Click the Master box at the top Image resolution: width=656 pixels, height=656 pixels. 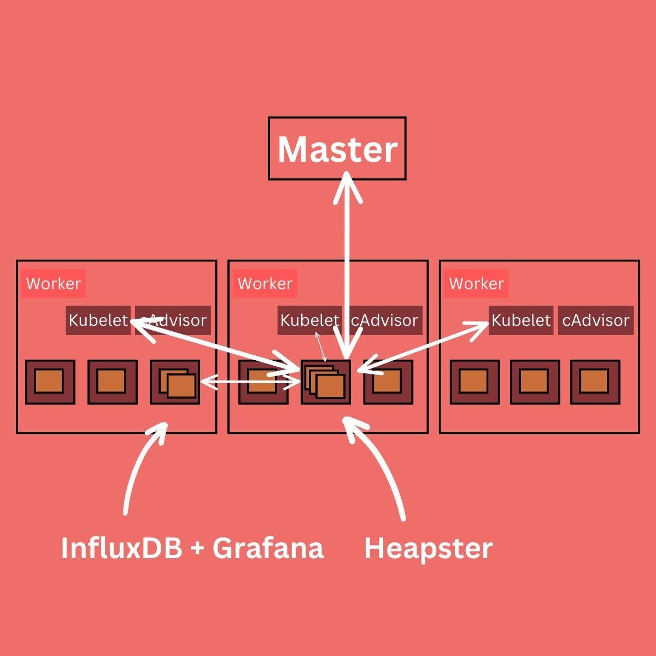(337, 148)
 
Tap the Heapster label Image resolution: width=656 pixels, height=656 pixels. (428, 548)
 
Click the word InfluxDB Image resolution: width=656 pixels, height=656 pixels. (121, 548)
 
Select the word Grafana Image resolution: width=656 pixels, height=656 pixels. (268, 548)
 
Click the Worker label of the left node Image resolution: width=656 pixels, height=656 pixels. (54, 284)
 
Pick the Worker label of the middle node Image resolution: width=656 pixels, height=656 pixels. (265, 284)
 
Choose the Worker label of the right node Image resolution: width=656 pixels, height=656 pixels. (476, 284)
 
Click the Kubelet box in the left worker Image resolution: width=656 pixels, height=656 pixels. (98, 320)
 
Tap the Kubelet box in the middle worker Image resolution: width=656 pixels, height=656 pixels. (309, 320)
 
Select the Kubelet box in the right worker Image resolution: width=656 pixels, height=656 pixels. (520, 320)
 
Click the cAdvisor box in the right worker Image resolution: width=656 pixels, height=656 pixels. (596, 320)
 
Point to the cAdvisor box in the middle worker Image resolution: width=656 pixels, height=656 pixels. (385, 320)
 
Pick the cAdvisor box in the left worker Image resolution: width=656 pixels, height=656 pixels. (174, 320)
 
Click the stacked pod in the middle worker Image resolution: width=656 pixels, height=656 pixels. (325, 382)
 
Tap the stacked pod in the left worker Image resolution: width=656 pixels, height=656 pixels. (175, 382)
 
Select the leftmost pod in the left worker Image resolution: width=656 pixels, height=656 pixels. (50, 382)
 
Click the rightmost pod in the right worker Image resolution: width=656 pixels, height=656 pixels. (595, 382)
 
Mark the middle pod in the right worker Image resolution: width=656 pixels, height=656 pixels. (535, 382)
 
